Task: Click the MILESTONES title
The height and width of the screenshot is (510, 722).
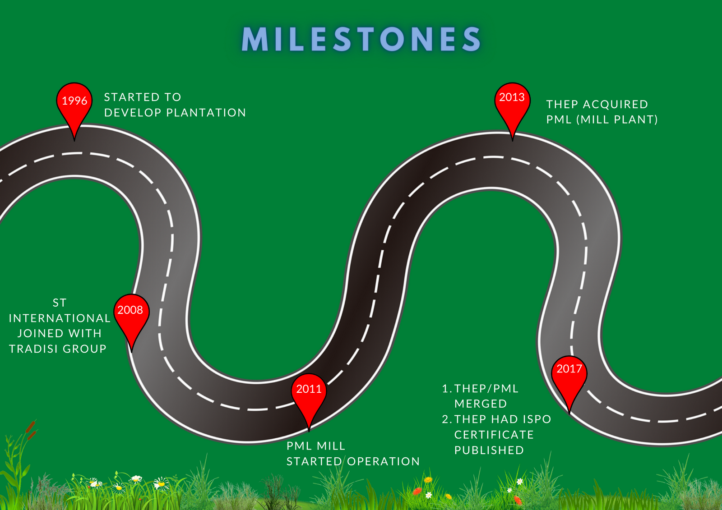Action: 361,39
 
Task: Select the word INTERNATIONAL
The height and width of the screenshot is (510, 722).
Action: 60,318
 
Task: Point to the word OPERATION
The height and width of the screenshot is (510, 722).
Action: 383,462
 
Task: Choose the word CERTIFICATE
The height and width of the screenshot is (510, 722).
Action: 494,435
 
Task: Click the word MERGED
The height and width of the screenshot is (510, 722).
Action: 480,404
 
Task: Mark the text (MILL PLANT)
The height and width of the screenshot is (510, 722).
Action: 617,120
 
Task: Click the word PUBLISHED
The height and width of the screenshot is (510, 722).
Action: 489,450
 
